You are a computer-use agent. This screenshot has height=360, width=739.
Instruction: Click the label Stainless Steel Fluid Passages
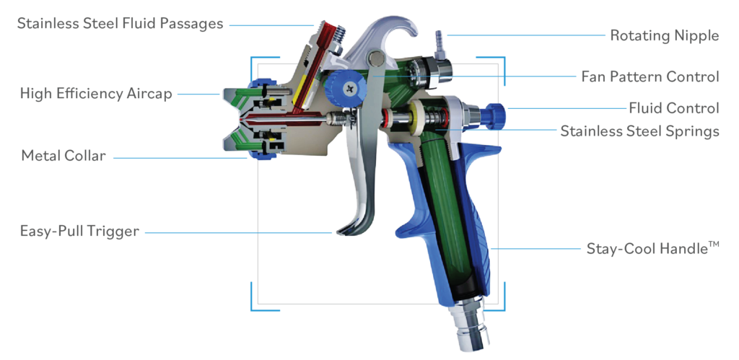click(120, 23)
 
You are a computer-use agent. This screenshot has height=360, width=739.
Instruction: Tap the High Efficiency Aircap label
click(96, 93)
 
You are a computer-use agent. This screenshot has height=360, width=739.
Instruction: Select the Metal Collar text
click(64, 155)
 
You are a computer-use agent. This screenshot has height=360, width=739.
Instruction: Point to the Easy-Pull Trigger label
click(79, 231)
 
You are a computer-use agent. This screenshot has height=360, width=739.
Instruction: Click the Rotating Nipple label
click(664, 35)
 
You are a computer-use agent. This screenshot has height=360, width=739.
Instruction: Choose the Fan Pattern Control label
click(650, 76)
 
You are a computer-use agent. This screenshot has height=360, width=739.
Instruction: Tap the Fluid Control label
click(673, 108)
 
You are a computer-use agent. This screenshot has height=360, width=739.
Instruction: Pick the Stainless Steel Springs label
click(639, 131)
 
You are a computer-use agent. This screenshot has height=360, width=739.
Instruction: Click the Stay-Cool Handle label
click(652, 248)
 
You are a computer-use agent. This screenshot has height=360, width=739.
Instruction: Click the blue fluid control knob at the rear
click(496, 113)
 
